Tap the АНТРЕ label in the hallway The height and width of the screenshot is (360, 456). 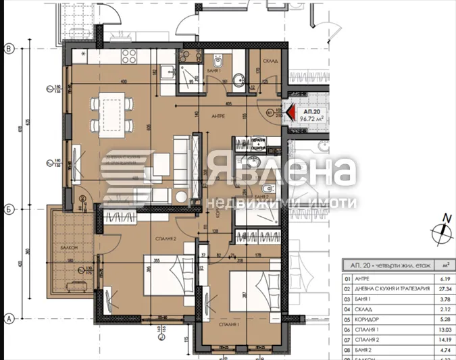[218, 116]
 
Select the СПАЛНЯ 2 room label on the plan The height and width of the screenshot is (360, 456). [166, 239]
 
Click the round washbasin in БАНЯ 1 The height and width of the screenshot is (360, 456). [238, 80]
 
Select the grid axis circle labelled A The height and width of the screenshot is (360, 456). [9, 318]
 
